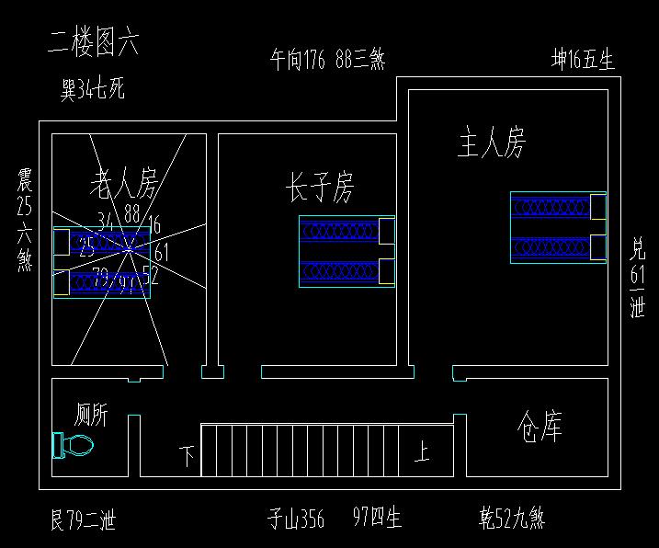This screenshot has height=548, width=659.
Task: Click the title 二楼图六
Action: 93,44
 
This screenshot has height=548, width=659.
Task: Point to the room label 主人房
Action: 492,143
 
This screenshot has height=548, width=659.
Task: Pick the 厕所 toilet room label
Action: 91,416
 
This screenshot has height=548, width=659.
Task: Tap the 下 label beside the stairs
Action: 187,455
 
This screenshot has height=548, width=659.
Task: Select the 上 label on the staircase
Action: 422,452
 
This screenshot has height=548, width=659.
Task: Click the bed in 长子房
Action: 347,252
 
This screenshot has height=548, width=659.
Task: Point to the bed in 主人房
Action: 558,227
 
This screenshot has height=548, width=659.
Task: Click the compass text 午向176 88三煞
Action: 326,61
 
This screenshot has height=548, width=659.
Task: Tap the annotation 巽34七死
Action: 92,90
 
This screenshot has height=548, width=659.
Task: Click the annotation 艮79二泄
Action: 83,521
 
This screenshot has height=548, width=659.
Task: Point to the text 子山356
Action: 296,520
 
